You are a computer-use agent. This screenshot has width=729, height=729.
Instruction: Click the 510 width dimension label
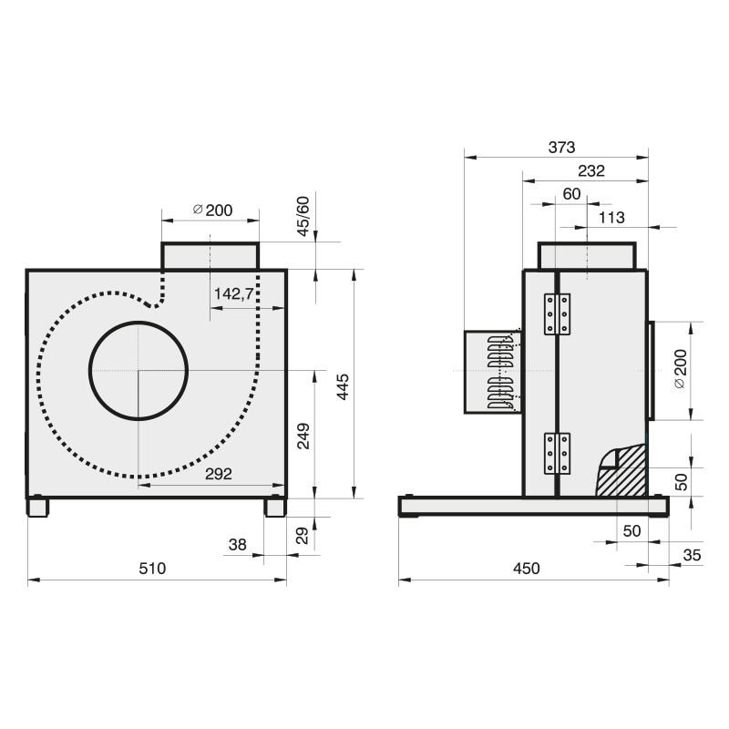(x=152, y=568)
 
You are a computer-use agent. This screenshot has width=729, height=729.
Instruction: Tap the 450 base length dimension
(x=527, y=568)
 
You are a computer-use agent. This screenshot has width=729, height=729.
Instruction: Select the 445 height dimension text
(x=343, y=386)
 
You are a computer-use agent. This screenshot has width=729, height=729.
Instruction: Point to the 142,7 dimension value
(x=234, y=293)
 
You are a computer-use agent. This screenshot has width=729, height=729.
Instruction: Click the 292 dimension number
(x=219, y=474)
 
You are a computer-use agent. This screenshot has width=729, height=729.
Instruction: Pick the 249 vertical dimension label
(x=303, y=436)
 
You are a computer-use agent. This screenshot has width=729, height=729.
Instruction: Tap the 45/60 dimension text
(x=303, y=216)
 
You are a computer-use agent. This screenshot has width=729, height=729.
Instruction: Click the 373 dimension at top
(x=561, y=148)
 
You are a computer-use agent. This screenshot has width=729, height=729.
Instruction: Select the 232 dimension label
(x=591, y=171)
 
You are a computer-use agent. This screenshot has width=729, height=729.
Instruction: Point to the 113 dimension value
(x=611, y=218)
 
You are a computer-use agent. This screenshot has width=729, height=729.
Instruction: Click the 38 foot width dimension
(x=238, y=544)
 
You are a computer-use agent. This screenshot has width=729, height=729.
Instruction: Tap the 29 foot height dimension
(x=303, y=535)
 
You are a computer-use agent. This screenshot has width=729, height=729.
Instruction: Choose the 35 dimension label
(x=692, y=555)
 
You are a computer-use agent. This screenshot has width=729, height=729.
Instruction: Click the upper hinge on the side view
(x=557, y=313)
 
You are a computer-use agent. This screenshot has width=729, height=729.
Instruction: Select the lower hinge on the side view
(x=557, y=453)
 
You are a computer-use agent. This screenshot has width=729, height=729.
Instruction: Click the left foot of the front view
(x=37, y=507)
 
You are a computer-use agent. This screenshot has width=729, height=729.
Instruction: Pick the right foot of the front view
(x=275, y=507)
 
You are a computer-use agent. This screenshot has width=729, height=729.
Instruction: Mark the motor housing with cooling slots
(x=493, y=372)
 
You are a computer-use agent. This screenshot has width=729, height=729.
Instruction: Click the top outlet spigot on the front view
(x=210, y=256)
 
